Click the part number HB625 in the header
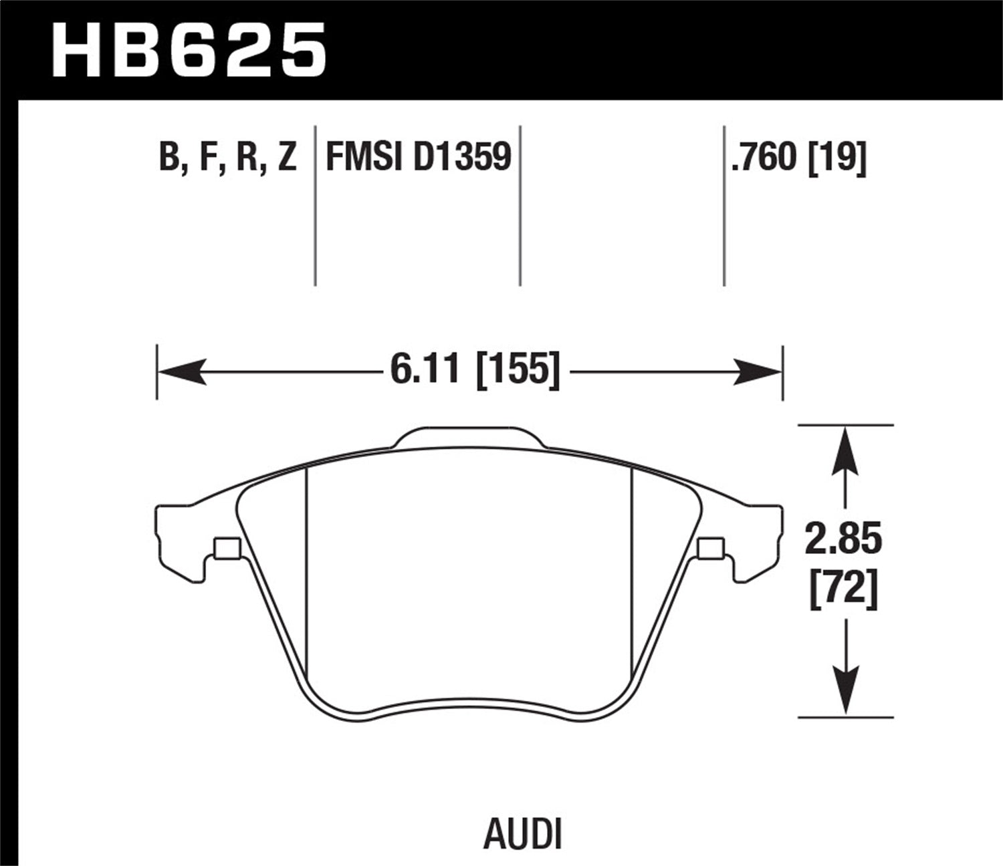(x=189, y=51)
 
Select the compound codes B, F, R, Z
(x=227, y=158)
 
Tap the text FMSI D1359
(x=418, y=158)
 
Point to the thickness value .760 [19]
(x=799, y=158)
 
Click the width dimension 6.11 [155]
(x=474, y=370)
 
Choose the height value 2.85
(x=844, y=540)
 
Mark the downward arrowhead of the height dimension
(x=847, y=692)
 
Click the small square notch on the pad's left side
(x=226, y=549)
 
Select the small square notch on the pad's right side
(x=710, y=549)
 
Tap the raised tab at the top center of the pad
(x=469, y=438)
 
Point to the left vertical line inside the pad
(x=306, y=568)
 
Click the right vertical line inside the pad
(x=633, y=568)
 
